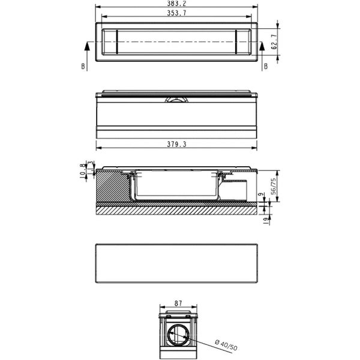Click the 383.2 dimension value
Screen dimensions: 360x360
click(x=176, y=3)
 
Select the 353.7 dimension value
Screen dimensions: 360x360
click(x=176, y=13)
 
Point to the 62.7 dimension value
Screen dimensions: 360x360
click(x=274, y=42)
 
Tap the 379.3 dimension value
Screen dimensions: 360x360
click(x=176, y=145)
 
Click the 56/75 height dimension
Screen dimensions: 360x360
click(x=274, y=186)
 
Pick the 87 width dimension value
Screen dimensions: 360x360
click(x=178, y=303)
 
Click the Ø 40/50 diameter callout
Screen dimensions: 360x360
click(x=226, y=346)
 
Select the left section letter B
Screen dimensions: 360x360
click(x=83, y=67)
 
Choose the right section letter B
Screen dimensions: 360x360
click(x=266, y=67)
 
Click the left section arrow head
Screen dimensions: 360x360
click(x=87, y=46)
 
